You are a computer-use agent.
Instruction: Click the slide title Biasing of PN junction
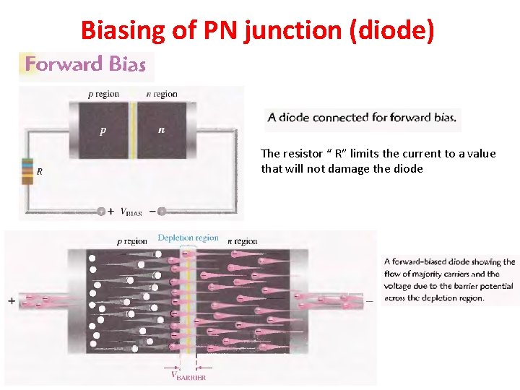tap(257, 30)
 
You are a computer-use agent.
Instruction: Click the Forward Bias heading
tap(86, 64)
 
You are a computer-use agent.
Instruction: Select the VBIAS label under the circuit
tap(131, 212)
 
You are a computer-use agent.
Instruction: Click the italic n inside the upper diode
tap(160, 131)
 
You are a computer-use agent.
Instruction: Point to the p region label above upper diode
tap(103, 94)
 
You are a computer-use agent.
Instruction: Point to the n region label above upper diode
tap(161, 94)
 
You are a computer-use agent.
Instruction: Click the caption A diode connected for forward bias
tap(363, 117)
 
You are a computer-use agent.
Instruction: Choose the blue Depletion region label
tap(188, 238)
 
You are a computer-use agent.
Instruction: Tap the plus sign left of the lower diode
tap(12, 300)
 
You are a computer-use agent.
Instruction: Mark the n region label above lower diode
tap(242, 241)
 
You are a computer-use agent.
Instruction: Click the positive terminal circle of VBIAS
tap(101, 212)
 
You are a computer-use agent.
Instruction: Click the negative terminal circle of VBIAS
tap(162, 212)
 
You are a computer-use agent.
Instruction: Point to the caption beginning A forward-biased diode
tap(449, 279)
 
